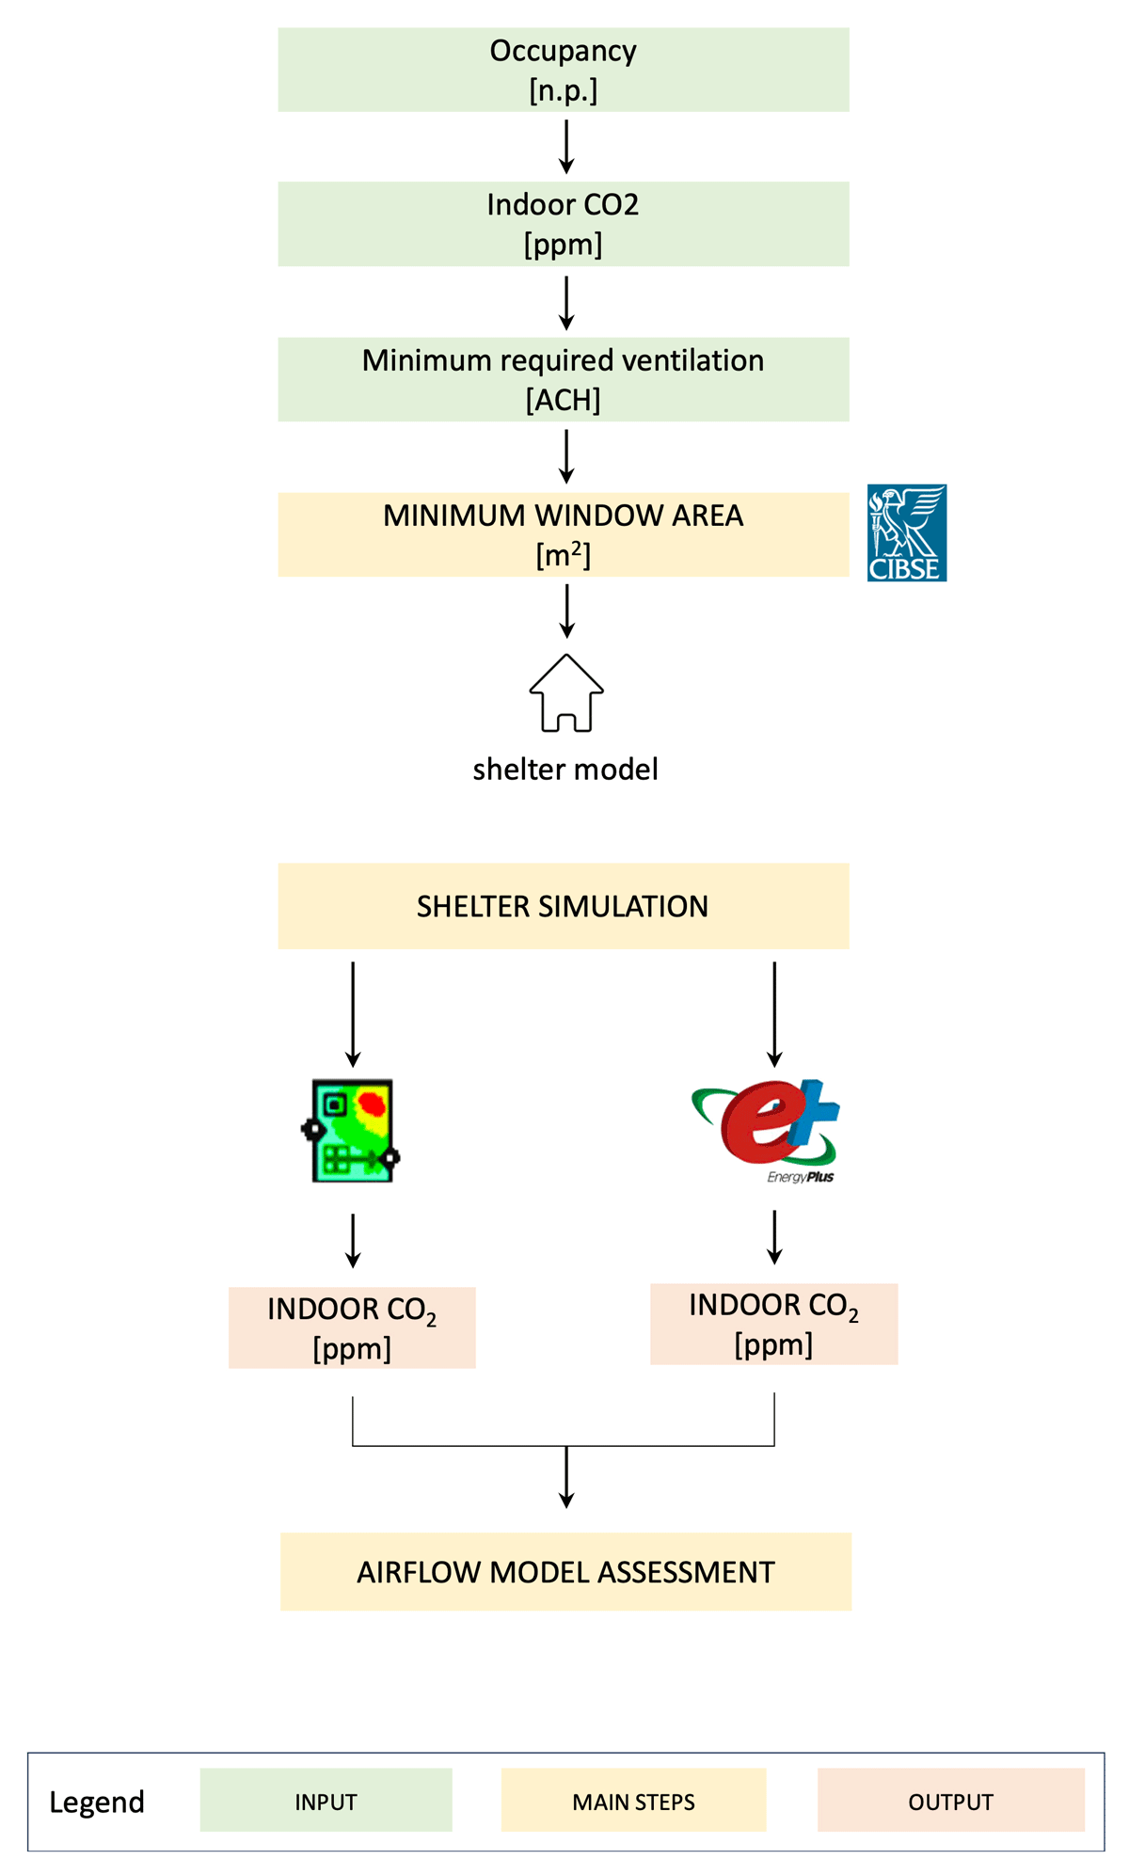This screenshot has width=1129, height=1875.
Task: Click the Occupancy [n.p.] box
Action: click(563, 70)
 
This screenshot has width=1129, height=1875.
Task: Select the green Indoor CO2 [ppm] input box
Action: click(563, 224)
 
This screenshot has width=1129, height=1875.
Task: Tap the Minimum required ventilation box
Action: click(563, 379)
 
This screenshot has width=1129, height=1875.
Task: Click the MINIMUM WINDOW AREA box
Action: click(563, 534)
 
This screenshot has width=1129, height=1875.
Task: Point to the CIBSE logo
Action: click(906, 532)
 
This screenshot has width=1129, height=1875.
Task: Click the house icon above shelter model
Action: click(566, 693)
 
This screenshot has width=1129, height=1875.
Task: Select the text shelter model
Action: click(565, 770)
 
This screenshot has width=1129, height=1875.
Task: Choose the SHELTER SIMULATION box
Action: click(563, 906)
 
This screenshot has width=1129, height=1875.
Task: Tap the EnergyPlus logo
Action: click(767, 1129)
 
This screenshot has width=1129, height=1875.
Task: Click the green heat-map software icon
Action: click(352, 1130)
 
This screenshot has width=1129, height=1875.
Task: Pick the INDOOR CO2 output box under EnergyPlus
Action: click(773, 1324)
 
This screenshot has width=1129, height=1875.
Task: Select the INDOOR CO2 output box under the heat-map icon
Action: click(352, 1327)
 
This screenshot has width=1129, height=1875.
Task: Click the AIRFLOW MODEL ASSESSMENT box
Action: click(565, 1572)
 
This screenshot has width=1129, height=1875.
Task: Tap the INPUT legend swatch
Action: click(326, 1801)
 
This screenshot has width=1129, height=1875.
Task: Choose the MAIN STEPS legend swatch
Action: click(633, 1801)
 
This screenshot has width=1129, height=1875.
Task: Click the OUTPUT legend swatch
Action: click(950, 1801)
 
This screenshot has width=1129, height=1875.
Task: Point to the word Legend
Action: click(97, 1802)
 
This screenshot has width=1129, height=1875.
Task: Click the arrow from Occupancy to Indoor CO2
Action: click(566, 147)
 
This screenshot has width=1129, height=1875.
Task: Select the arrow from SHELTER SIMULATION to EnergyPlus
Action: click(774, 1014)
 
